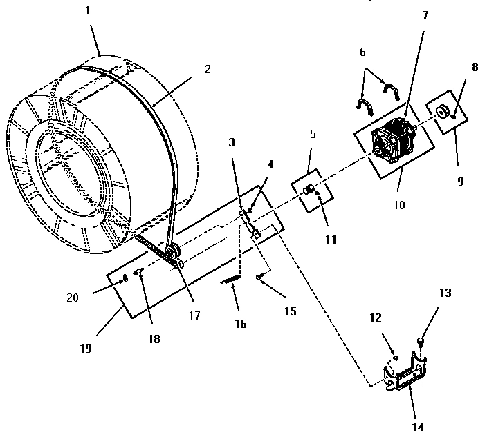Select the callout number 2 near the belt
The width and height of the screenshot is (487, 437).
208,70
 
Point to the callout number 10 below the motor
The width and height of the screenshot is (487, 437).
399,204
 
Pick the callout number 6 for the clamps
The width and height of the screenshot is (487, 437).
362,52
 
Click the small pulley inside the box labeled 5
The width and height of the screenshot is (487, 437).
311,189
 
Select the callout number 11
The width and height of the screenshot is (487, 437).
330,240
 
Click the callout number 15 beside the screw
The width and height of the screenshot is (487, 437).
289,312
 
